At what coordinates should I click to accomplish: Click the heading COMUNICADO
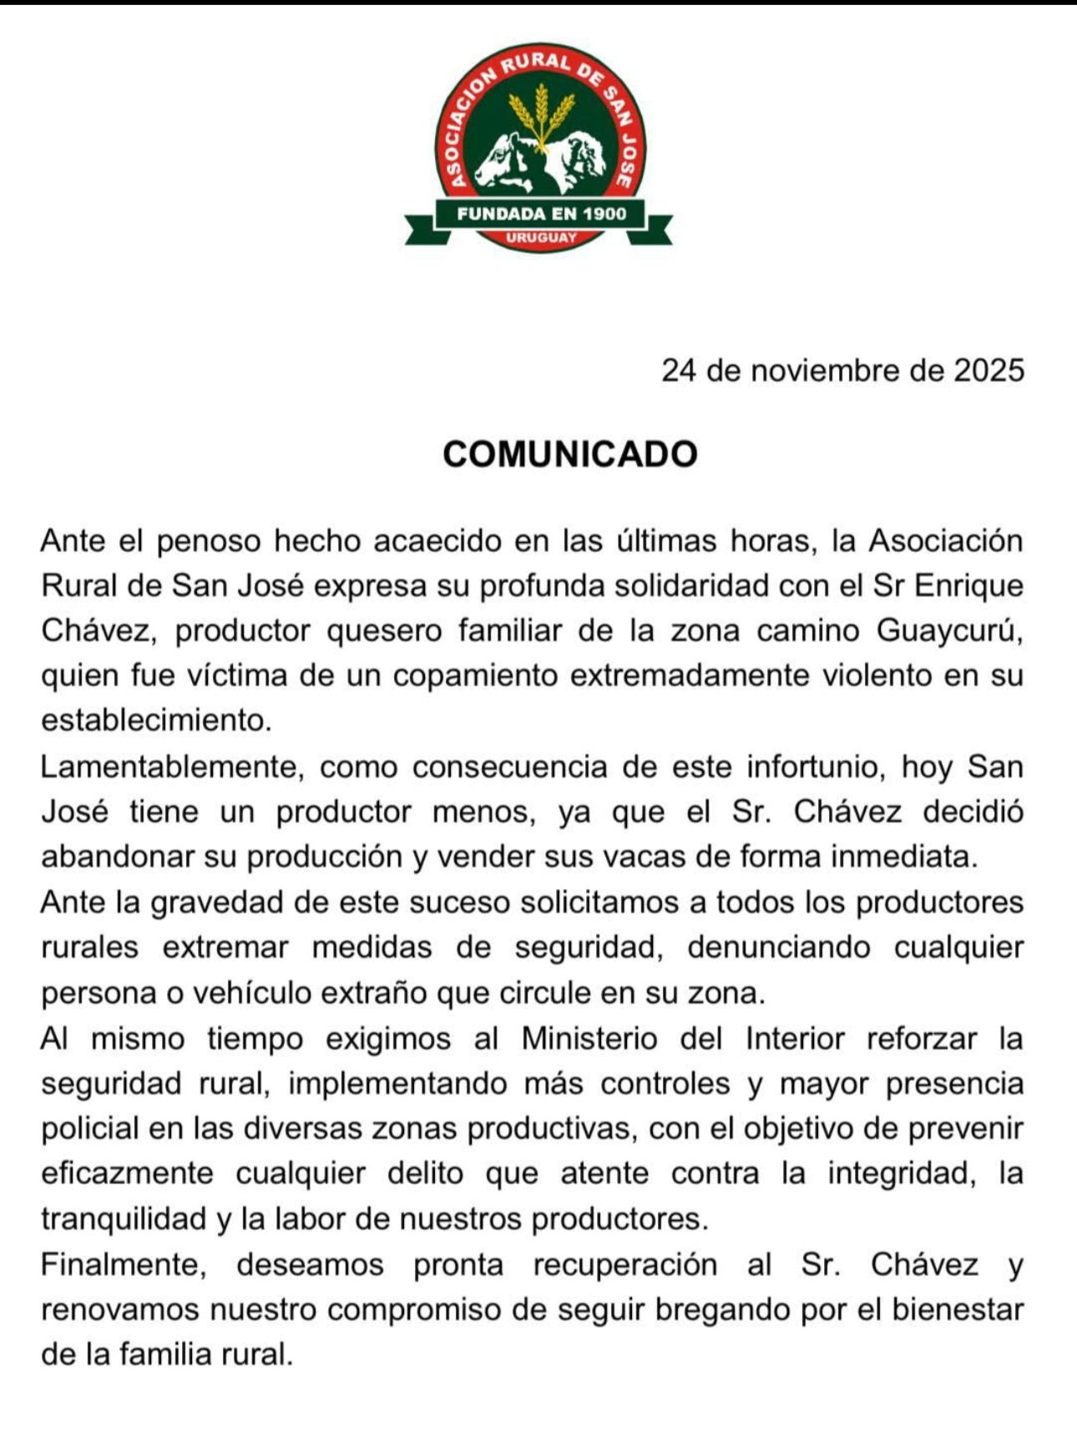[569, 454]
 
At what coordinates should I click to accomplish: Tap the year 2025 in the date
[989, 370]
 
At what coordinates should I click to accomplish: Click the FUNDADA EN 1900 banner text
[541, 214]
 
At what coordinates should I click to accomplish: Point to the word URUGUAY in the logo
[541, 237]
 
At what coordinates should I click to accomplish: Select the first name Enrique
[969, 585]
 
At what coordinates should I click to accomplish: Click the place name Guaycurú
[949, 630]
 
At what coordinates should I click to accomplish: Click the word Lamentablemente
[170, 767]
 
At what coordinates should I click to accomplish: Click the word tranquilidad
[124, 1219]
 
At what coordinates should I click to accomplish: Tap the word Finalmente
[124, 1265]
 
